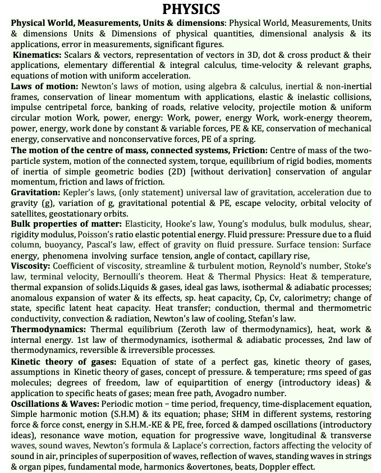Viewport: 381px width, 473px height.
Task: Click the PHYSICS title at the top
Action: tap(191, 9)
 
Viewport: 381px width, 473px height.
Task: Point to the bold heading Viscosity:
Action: tap(31, 265)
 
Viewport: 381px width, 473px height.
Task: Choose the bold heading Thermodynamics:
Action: tap(48, 329)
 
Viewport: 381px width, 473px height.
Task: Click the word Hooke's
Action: tap(167, 223)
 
